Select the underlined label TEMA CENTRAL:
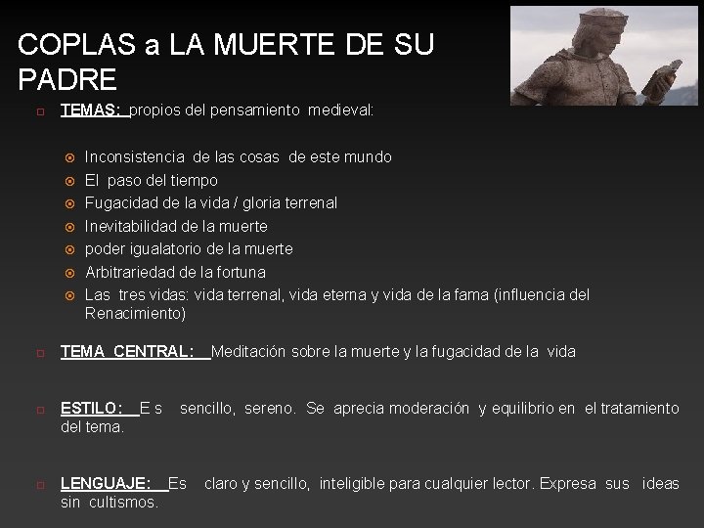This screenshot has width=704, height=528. [x=127, y=351]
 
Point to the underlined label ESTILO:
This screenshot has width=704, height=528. [x=92, y=408]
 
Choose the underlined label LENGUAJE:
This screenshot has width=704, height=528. [x=106, y=483]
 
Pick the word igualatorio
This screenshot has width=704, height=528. [x=165, y=249]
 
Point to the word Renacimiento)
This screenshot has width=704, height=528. [x=135, y=314]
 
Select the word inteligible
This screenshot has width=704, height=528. [x=362, y=483]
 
